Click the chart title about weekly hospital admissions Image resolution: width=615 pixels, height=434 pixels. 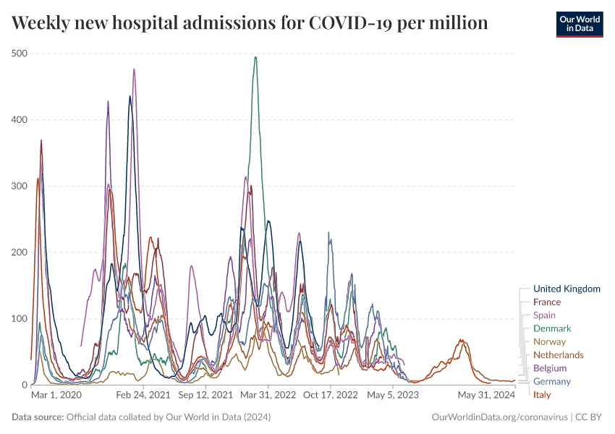point(250,23)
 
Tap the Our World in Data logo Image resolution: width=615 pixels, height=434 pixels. point(580,24)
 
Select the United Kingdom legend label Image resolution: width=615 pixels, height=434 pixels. point(567,289)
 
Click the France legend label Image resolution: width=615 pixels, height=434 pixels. point(546,302)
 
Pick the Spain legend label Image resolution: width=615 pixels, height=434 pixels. point(544,315)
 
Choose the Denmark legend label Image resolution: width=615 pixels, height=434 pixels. point(552,328)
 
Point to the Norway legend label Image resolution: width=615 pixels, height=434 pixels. point(549,341)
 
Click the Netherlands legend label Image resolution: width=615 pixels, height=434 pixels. point(558,354)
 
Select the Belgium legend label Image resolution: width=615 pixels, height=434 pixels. point(550,368)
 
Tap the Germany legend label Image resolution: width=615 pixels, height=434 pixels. point(551,381)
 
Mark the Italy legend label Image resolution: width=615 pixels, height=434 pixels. point(541,395)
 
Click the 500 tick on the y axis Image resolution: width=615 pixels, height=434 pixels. point(20,54)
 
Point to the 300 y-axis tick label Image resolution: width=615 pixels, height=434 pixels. point(20,186)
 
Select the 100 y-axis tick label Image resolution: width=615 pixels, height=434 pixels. point(20,318)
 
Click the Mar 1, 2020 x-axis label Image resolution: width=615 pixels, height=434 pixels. point(56,396)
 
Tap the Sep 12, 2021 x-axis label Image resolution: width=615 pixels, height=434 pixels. point(205,396)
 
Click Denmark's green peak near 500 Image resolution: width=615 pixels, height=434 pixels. point(255,57)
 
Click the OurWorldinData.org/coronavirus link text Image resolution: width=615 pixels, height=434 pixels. point(499,417)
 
